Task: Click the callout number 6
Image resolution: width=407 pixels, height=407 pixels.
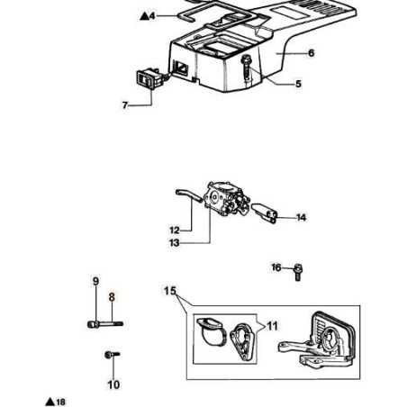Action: point(312,53)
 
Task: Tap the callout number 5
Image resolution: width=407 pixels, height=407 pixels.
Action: point(298,84)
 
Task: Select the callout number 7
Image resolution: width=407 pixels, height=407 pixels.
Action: point(125,105)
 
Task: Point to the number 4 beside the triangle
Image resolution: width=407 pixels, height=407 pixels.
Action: point(152,15)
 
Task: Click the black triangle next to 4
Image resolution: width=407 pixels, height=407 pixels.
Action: point(144,16)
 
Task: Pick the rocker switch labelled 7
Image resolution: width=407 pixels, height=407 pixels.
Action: point(149,79)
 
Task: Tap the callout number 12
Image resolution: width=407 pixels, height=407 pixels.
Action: point(175,231)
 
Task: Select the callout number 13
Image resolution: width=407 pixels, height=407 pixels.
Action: point(175,243)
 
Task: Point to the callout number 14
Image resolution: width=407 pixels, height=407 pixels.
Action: point(301,218)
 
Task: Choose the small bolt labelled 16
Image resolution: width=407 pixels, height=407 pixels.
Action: point(298,272)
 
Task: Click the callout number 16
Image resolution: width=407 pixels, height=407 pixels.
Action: point(276,267)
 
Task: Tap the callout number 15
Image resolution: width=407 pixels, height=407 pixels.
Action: point(170,291)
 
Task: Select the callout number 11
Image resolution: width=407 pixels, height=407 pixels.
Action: point(273,326)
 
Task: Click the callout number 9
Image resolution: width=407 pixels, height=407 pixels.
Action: point(95,281)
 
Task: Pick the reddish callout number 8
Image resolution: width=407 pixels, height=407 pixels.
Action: point(112,297)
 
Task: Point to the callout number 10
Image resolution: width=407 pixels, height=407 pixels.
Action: point(113,384)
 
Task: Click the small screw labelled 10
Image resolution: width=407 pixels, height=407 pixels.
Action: point(112,355)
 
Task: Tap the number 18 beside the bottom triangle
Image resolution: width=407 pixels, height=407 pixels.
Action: point(60,402)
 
